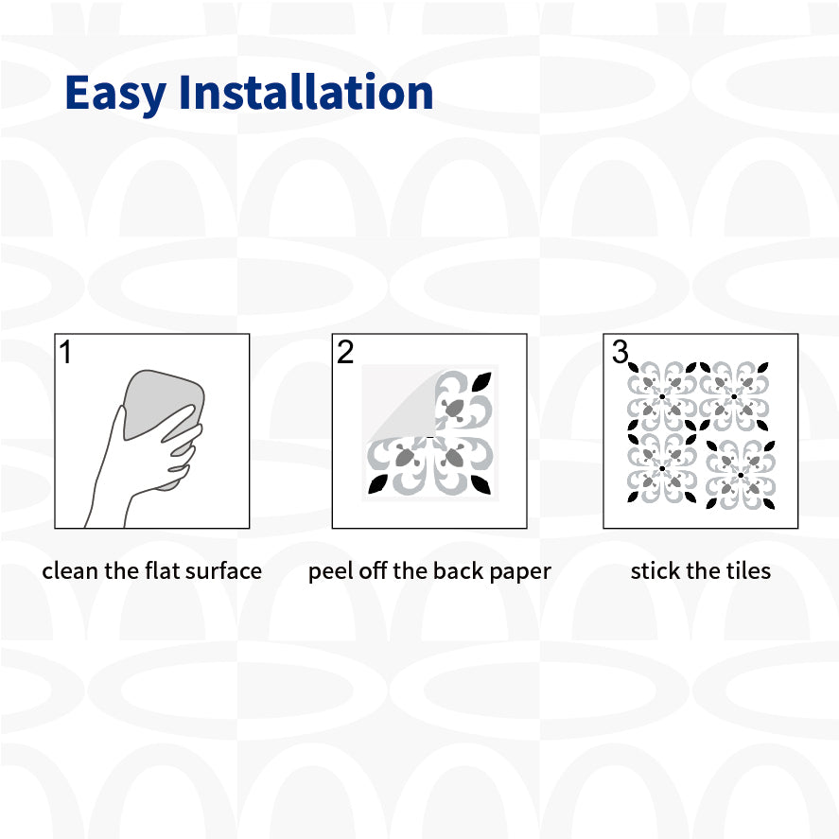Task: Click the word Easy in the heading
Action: click(115, 94)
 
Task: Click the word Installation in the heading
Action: click(306, 92)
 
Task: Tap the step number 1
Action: click(65, 352)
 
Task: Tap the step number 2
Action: click(345, 352)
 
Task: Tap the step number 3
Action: click(621, 352)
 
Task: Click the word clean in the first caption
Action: click(71, 571)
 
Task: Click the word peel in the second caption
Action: click(330, 571)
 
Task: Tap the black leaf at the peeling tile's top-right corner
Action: click(481, 382)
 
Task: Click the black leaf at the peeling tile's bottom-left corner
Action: click(377, 483)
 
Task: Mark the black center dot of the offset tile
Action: click(741, 475)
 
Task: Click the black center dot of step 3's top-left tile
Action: click(662, 396)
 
